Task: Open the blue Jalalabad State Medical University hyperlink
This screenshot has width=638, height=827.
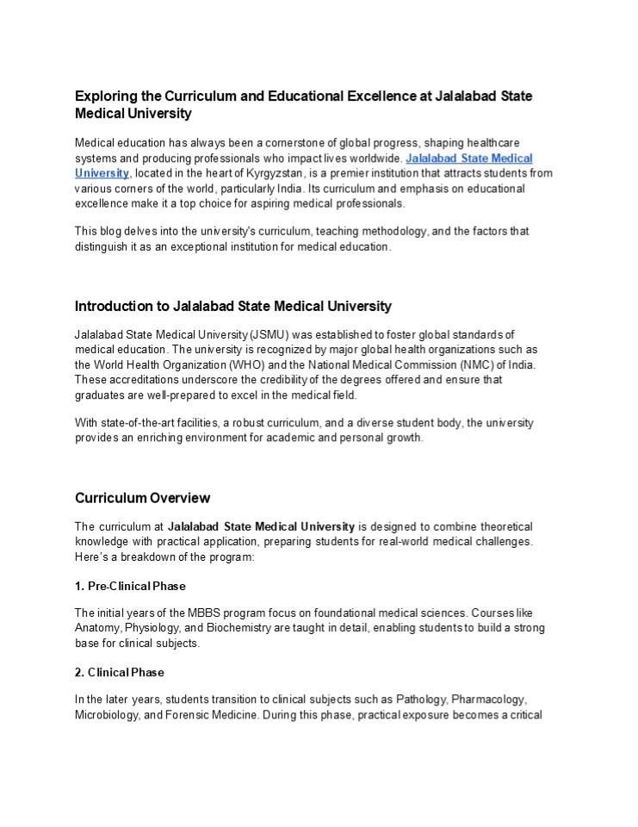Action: pyautogui.click(x=468, y=159)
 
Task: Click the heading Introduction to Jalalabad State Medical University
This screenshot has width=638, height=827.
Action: pyautogui.click(x=232, y=306)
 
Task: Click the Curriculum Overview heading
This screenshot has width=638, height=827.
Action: pyautogui.click(x=142, y=498)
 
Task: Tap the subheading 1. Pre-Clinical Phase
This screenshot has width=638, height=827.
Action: pyautogui.click(x=130, y=587)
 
